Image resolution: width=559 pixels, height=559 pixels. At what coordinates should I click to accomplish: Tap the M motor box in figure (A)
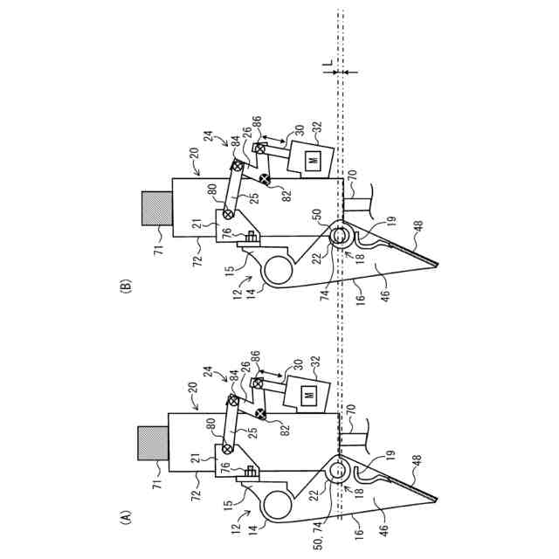(x=309, y=396)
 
